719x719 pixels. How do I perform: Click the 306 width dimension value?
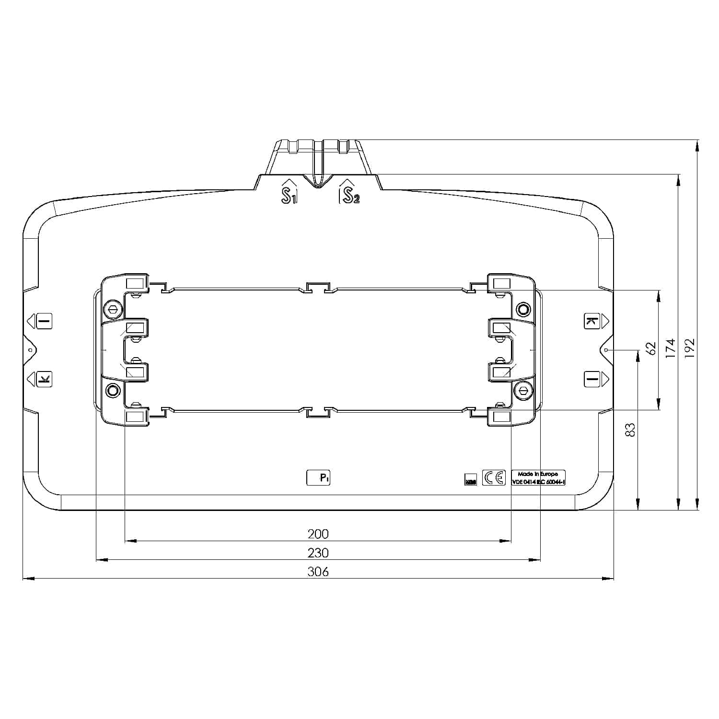[x=318, y=571]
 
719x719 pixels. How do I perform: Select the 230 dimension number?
[x=318, y=553]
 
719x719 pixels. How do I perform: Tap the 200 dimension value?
[x=318, y=534]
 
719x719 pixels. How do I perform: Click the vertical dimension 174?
[x=671, y=348]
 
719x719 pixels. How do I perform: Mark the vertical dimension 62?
[x=650, y=348]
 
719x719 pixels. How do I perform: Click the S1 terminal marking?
[x=289, y=195]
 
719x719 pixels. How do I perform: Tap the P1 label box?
[x=319, y=477]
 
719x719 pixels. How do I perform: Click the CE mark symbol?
[x=494, y=478]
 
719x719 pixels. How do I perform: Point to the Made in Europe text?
[x=538, y=474]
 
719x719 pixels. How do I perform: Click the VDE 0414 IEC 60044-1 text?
[x=538, y=482]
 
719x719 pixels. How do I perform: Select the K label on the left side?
[x=44, y=380]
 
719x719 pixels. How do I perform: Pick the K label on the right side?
[x=591, y=321]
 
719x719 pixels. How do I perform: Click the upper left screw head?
[x=112, y=310]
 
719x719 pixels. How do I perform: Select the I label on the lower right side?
[x=592, y=380]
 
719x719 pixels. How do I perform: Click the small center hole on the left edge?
[x=30, y=350]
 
